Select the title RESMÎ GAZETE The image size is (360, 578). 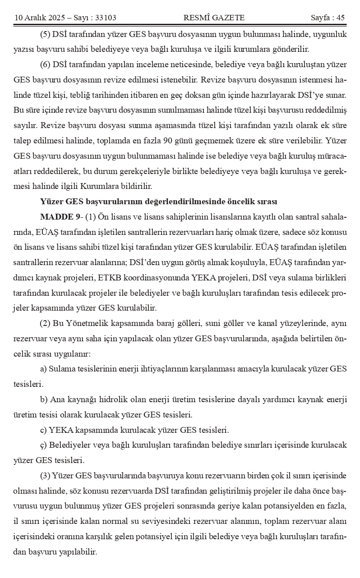214,18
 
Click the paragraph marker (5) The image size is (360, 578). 46,34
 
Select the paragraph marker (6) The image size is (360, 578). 46,64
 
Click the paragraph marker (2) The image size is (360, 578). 46,323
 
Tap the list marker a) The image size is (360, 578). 44,369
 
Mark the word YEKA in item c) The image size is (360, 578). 60,430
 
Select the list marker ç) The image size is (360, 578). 43,445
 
